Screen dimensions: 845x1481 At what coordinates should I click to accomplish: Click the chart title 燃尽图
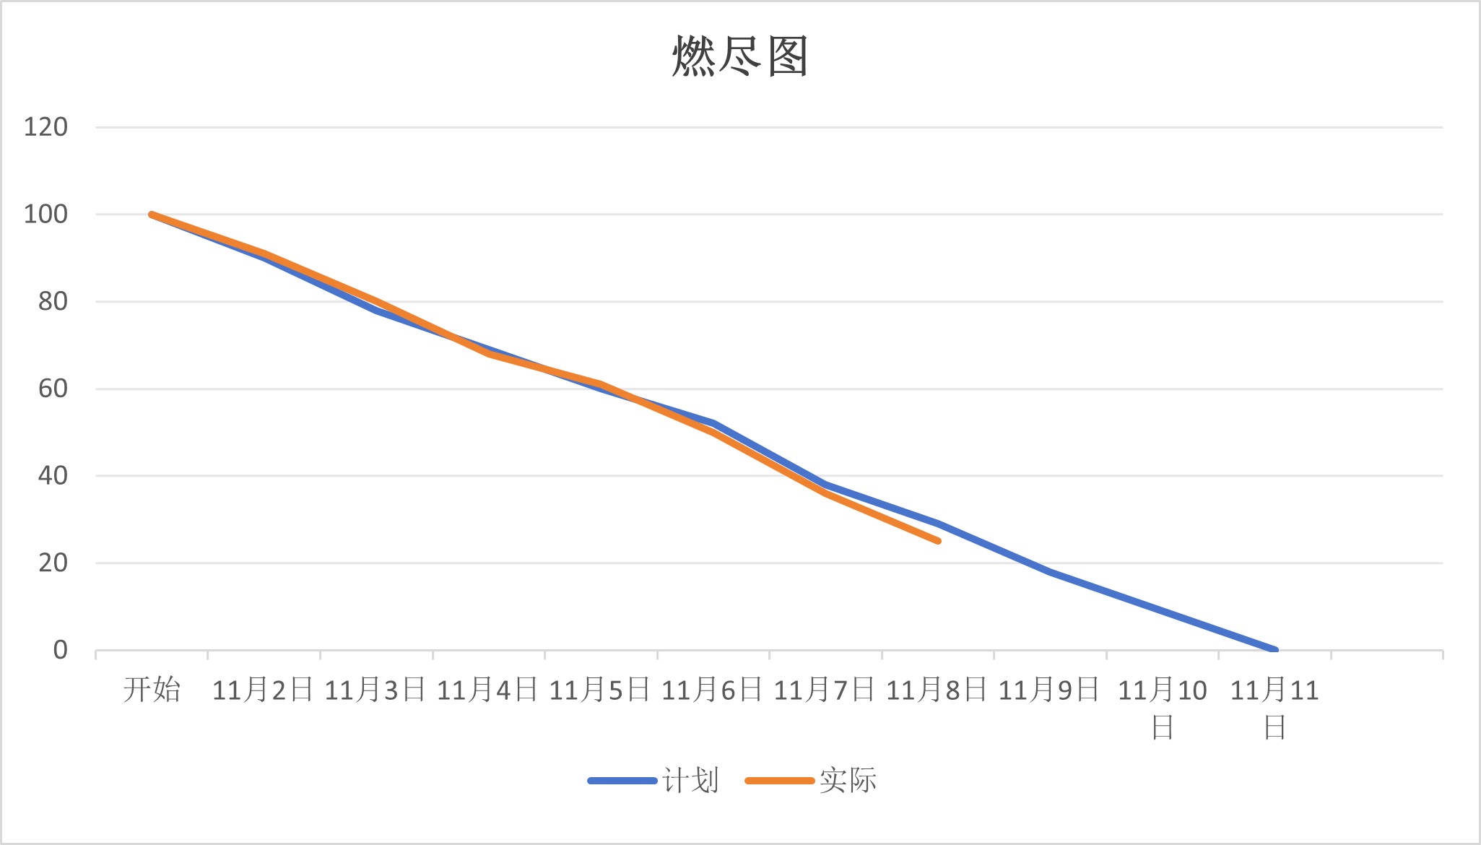[740, 56]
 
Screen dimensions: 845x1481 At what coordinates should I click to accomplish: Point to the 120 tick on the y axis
[45, 127]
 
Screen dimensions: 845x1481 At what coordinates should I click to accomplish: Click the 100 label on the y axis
[45, 214]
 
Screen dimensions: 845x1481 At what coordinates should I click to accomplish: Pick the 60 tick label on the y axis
[53, 389]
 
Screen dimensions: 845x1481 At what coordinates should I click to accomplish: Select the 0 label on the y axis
[60, 650]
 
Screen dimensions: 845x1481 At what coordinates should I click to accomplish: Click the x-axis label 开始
[152, 690]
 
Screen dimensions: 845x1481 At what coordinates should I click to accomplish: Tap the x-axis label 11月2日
[263, 690]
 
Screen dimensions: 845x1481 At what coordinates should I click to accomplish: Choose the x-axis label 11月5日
[600, 690]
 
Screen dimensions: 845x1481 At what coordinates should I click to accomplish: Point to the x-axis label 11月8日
[937, 690]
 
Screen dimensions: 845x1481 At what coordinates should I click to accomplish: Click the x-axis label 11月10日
[1162, 708]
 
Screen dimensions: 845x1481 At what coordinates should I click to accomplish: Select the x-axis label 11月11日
[1274, 708]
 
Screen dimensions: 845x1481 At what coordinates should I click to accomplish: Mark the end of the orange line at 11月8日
[937, 541]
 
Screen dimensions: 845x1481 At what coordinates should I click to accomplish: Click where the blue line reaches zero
[1274, 650]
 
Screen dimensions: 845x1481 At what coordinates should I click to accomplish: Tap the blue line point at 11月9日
[1050, 571]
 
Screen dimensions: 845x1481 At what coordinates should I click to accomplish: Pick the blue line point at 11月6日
[713, 423]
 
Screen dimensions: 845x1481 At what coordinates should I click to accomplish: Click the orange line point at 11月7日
[825, 493]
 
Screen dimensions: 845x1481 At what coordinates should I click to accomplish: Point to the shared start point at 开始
[152, 214]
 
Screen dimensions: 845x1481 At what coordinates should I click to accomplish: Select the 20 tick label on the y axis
[53, 563]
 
